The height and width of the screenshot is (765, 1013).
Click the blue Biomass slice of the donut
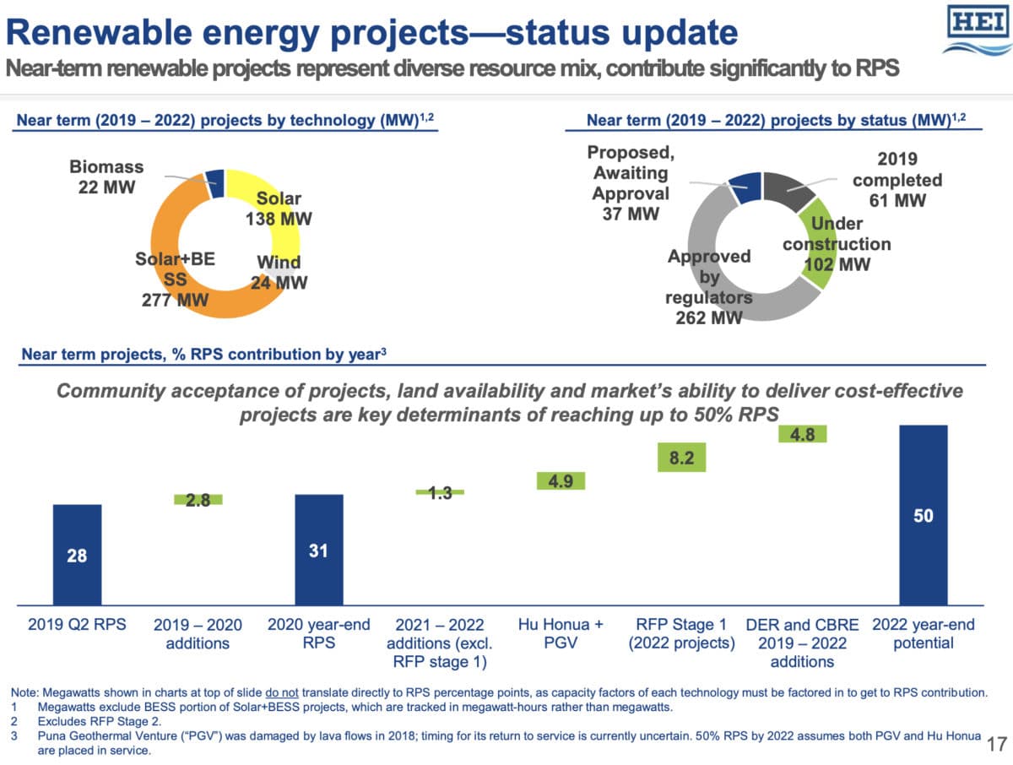pos(214,182)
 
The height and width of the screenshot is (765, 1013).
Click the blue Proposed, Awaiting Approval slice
pos(745,186)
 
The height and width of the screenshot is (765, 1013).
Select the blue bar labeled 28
pos(77,555)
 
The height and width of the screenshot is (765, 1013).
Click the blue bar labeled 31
pos(318,550)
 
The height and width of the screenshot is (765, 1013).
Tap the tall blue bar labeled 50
pos(924,515)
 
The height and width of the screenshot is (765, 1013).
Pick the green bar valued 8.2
pos(680,458)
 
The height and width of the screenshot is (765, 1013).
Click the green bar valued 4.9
pos(561,481)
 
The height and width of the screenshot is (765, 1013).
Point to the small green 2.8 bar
pos(198,500)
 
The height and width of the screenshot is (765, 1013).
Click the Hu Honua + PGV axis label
pos(561,634)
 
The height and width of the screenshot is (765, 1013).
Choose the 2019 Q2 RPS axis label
pos(77,626)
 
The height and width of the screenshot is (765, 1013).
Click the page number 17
pos(996,745)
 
